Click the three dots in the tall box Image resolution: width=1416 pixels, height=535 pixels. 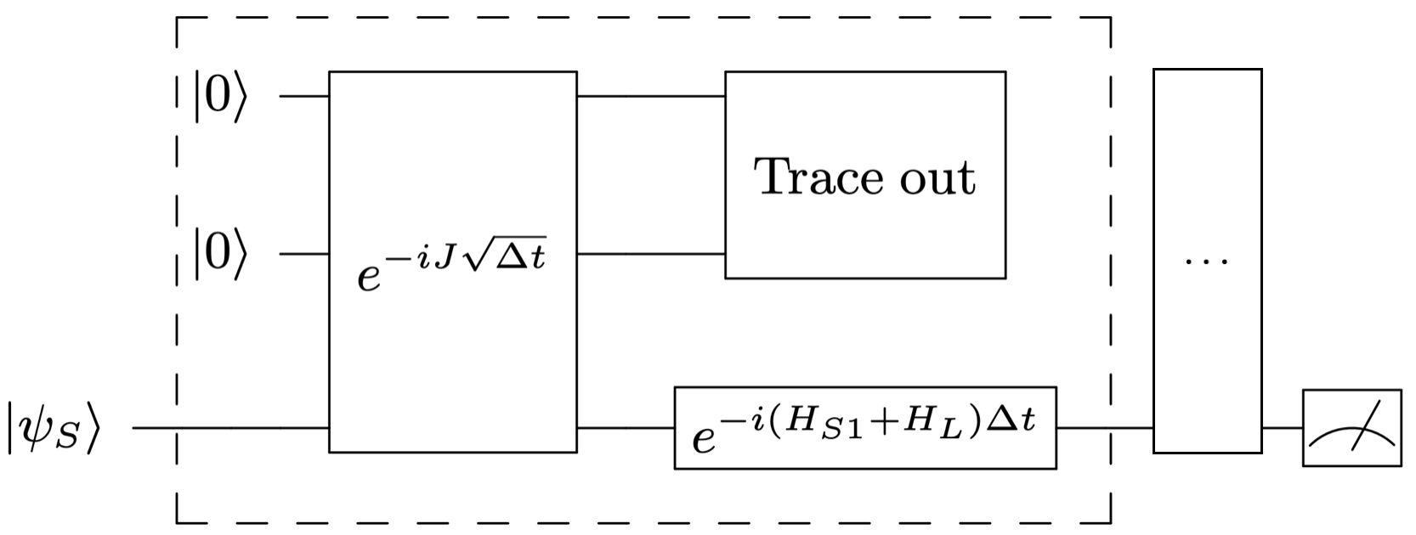(1207, 259)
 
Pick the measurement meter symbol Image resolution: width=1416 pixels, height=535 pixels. (1351, 428)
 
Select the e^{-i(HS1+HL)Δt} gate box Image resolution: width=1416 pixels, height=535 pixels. (865, 428)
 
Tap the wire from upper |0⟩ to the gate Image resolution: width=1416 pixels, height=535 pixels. (304, 96)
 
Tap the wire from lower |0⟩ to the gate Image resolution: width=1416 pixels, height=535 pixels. (304, 253)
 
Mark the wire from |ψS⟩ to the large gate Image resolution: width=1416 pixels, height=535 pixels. (229, 428)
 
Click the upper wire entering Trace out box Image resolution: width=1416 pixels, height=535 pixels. (650, 96)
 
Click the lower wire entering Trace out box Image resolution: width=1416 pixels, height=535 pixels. (650, 253)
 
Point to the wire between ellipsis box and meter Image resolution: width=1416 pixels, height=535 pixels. (1282, 428)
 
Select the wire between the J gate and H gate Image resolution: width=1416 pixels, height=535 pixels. (625, 428)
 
